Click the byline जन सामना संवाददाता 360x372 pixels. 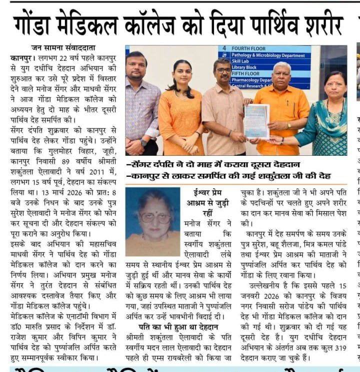point(62,48)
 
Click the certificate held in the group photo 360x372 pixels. point(256,121)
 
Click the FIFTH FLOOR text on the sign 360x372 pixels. point(245,73)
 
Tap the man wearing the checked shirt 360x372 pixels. point(141,105)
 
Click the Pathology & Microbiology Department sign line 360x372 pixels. point(268,55)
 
